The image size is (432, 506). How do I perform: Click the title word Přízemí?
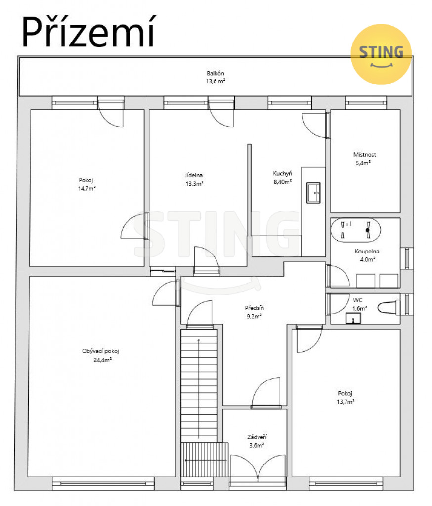88,32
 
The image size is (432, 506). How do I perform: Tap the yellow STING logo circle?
381,54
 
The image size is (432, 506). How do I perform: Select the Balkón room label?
216,73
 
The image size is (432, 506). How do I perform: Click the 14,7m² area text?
87,188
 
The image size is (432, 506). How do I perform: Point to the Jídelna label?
194,175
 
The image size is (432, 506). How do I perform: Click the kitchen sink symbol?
313,193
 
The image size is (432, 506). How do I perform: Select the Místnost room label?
364,155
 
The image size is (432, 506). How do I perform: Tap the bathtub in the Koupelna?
355,230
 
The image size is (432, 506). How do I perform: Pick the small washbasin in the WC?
353,318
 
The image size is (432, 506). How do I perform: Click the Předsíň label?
255,308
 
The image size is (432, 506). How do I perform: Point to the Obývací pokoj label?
100,351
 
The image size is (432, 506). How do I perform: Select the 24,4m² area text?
103,360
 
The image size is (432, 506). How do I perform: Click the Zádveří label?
257,437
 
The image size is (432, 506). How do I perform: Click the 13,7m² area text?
346,402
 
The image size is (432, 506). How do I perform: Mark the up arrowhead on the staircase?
199,340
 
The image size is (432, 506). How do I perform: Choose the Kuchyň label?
283,173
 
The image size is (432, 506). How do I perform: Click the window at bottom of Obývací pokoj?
103,483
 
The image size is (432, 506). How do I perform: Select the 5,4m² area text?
363,163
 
